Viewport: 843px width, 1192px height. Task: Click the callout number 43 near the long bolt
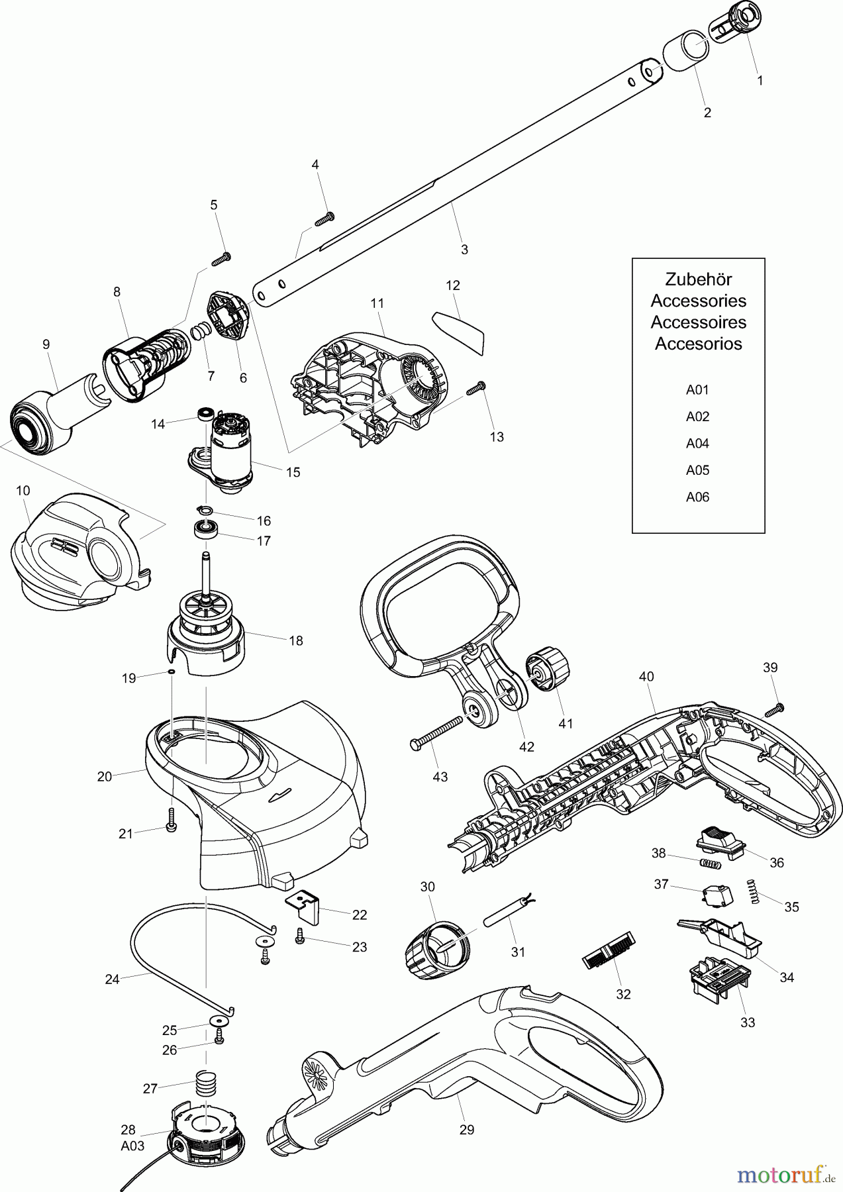pos(440,777)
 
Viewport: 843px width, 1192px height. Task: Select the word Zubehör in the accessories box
pos(698,279)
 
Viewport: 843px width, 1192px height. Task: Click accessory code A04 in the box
pos(697,443)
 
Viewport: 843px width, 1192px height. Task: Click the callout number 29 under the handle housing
pos(466,1130)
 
